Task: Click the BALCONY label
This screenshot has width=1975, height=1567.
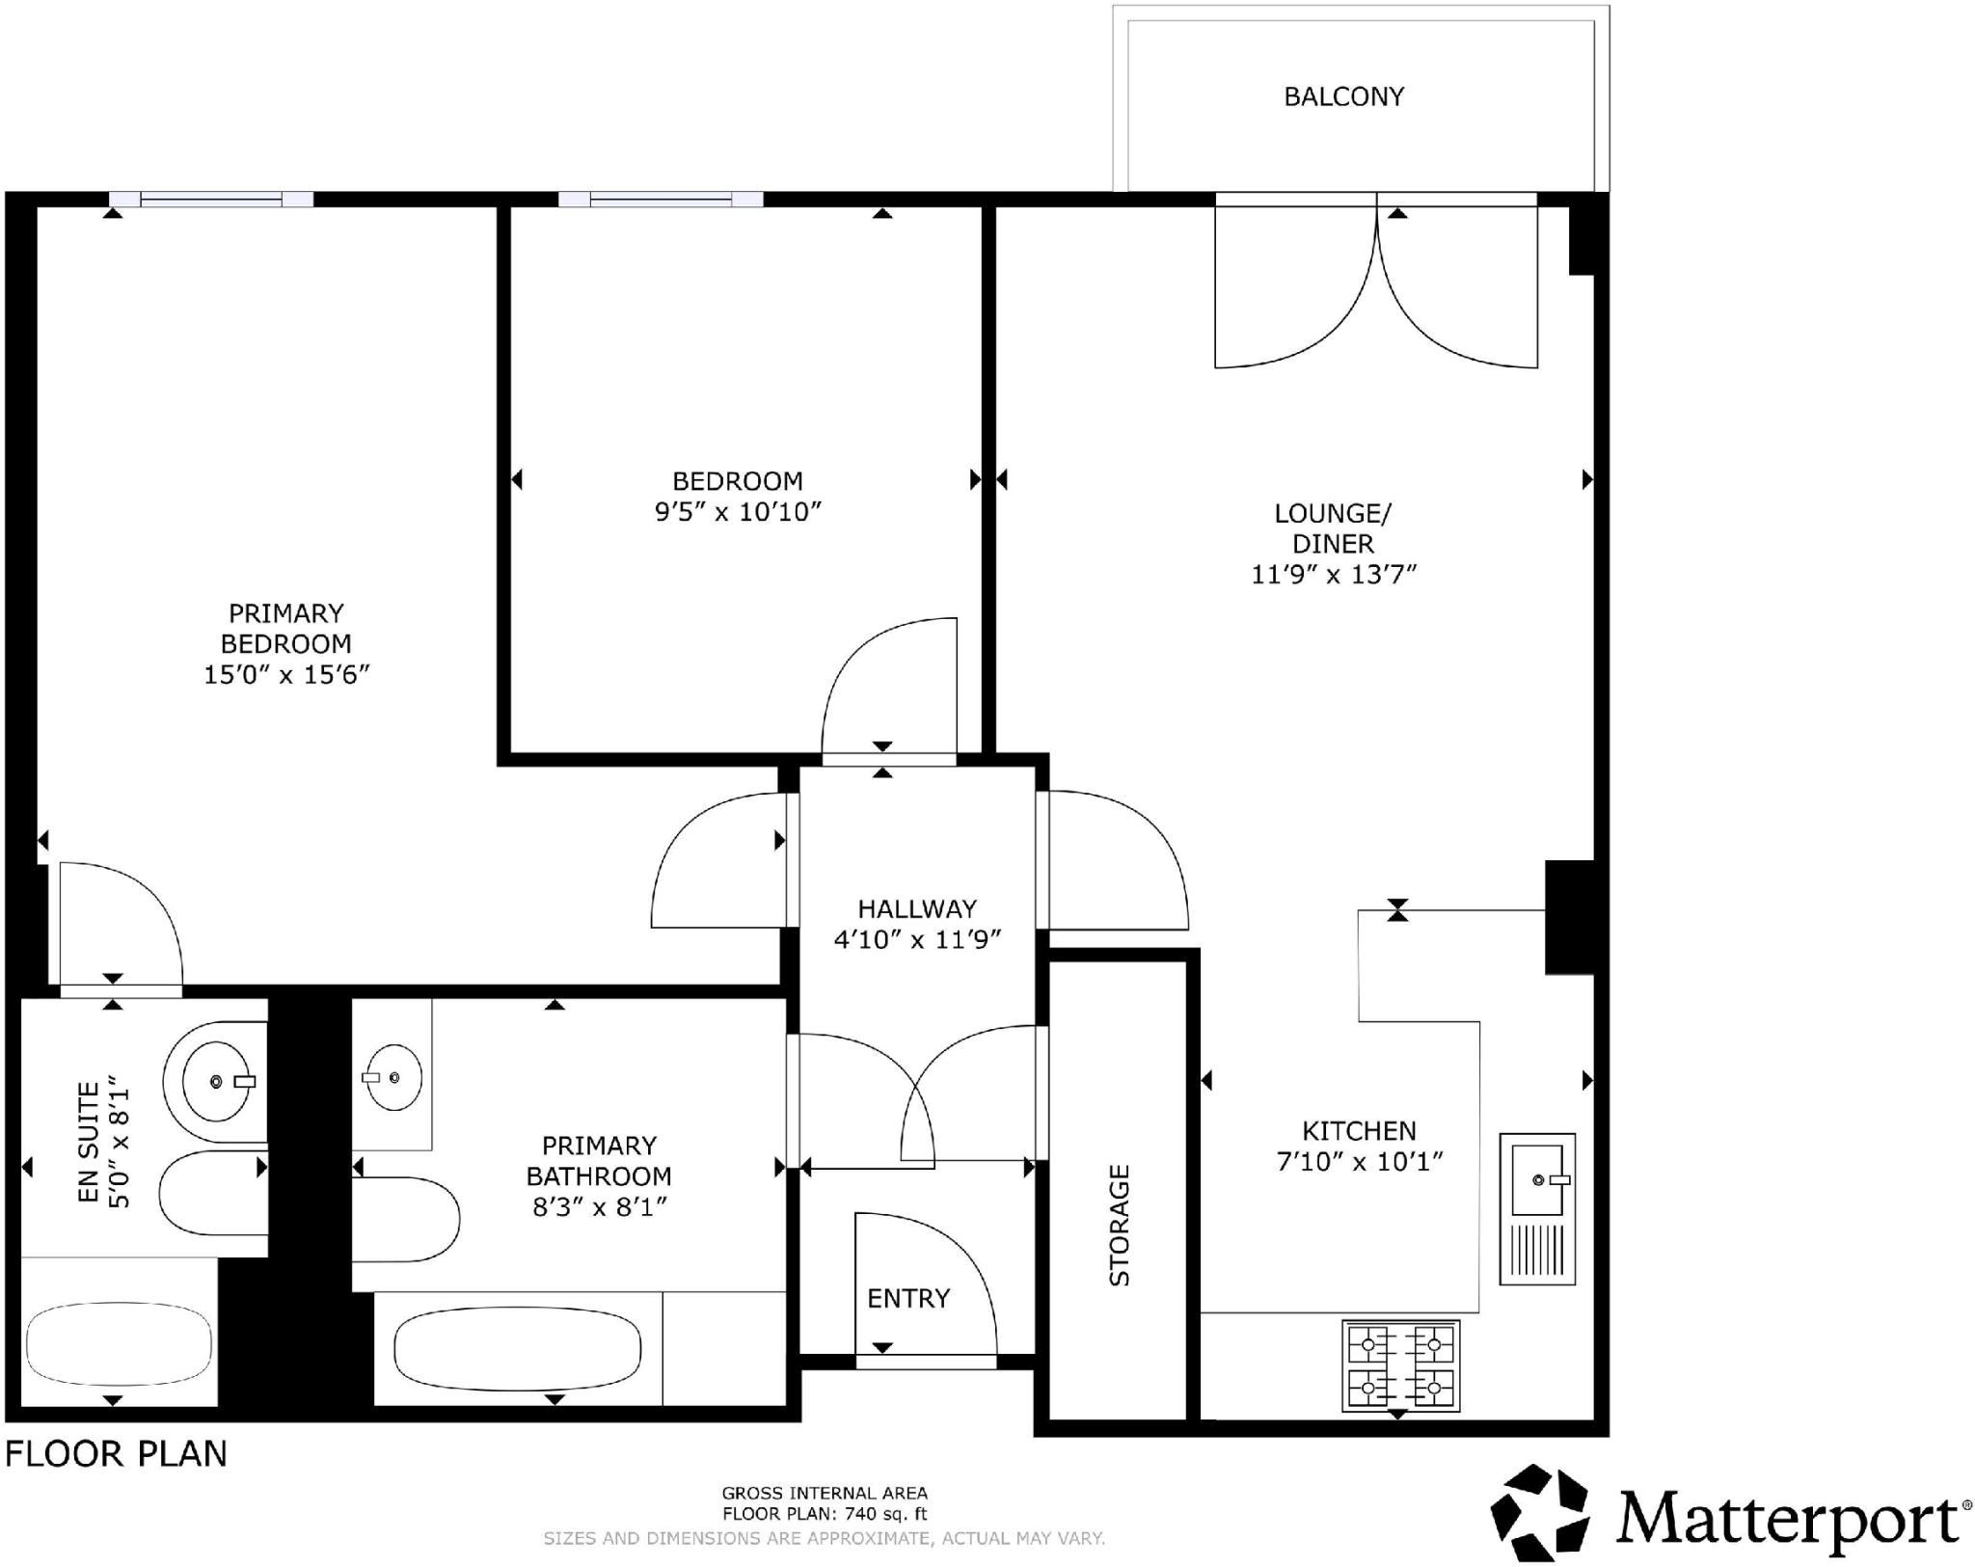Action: (x=1342, y=96)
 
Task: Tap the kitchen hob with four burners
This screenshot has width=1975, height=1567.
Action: (x=1400, y=1365)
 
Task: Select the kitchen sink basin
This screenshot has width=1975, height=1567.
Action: (x=1537, y=1179)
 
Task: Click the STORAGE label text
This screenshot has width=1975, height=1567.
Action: (x=1119, y=1225)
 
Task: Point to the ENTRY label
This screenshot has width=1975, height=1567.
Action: (x=908, y=1298)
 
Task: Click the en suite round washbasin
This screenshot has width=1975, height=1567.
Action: (x=216, y=1081)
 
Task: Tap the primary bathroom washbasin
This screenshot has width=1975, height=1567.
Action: (x=393, y=1077)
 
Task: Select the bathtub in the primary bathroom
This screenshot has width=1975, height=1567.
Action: (x=518, y=1349)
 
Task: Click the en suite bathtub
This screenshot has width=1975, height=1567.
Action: (x=119, y=1343)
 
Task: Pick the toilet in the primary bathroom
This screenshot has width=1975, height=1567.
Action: (x=405, y=1219)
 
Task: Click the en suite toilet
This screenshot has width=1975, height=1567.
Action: (x=212, y=1194)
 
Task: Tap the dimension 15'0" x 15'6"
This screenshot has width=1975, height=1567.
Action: (x=286, y=674)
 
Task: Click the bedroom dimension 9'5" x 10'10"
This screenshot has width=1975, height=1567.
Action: (x=738, y=511)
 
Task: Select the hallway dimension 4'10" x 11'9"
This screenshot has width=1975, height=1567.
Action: (x=917, y=939)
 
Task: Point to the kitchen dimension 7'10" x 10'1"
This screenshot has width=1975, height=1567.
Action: (x=1359, y=1161)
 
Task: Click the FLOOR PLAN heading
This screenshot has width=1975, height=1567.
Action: (x=116, y=1453)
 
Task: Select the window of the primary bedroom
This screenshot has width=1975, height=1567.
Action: (x=211, y=200)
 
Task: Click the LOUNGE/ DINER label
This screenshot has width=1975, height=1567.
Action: (x=1333, y=527)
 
